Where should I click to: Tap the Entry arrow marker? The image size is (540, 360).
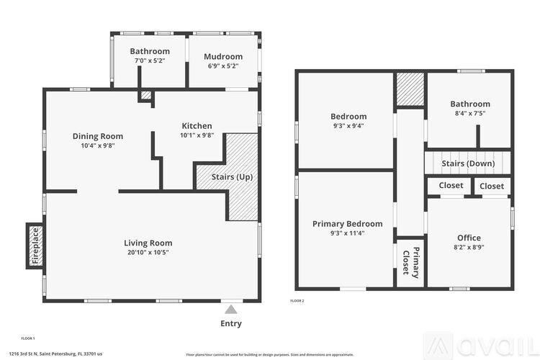(x=230, y=309)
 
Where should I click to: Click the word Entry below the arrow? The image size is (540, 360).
(x=230, y=323)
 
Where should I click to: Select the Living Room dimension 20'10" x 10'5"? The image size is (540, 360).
(x=148, y=253)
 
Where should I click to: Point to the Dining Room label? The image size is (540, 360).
(x=98, y=136)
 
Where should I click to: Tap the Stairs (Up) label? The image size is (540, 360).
(x=232, y=176)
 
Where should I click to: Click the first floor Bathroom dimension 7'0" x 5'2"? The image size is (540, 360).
(x=150, y=61)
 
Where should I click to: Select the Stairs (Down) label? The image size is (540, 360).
(x=468, y=163)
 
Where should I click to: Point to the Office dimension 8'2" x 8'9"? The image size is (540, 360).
(x=469, y=248)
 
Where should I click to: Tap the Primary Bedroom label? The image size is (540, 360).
(x=347, y=224)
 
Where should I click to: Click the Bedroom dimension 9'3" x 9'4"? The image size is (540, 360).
(x=348, y=126)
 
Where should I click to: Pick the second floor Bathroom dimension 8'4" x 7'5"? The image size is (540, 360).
(x=470, y=113)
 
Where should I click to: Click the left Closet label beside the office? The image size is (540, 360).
(x=451, y=186)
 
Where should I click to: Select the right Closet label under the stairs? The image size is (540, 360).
(x=492, y=186)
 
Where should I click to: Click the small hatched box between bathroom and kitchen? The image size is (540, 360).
(x=146, y=94)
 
